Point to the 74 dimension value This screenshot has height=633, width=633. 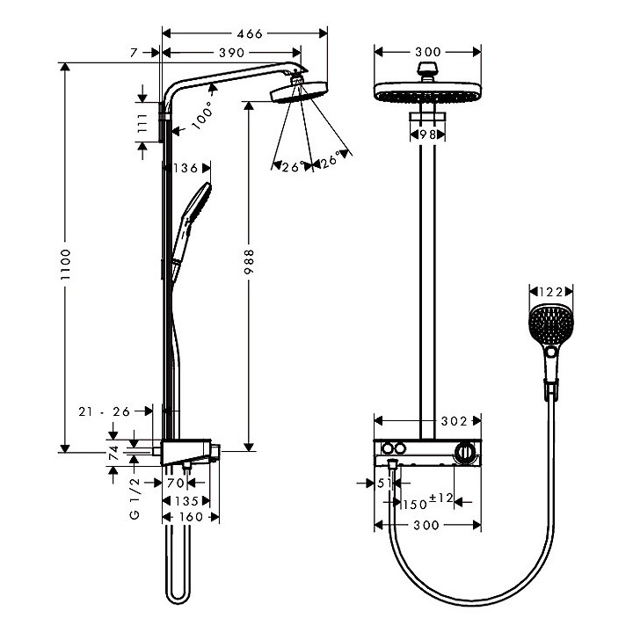tap(113, 453)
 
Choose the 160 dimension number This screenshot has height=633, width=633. tap(191, 517)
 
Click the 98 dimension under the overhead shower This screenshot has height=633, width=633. tap(427, 134)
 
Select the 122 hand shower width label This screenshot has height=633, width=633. tap(550, 291)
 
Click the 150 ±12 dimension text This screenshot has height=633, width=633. tap(426, 502)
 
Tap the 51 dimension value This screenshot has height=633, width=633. tap(384, 483)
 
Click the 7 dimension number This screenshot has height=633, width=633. tap(133, 55)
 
